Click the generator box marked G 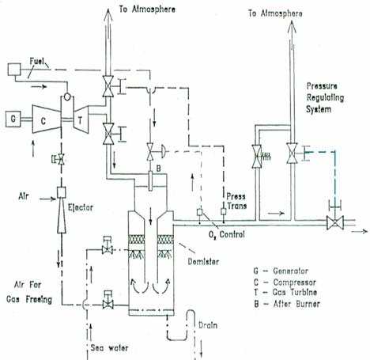(x=13, y=119)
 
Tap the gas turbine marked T (x=81, y=119)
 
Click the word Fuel (x=36, y=62)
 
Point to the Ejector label (x=81, y=207)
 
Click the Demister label (x=203, y=262)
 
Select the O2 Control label (x=227, y=234)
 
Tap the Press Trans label (x=236, y=201)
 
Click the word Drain (x=208, y=325)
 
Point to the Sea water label (x=109, y=347)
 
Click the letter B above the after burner (x=158, y=169)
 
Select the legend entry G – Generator (x=281, y=271)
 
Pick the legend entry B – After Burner (x=287, y=304)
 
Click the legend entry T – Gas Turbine (x=285, y=292)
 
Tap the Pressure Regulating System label (x=325, y=97)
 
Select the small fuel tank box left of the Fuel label (x=14, y=70)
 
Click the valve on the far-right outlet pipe (x=335, y=223)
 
